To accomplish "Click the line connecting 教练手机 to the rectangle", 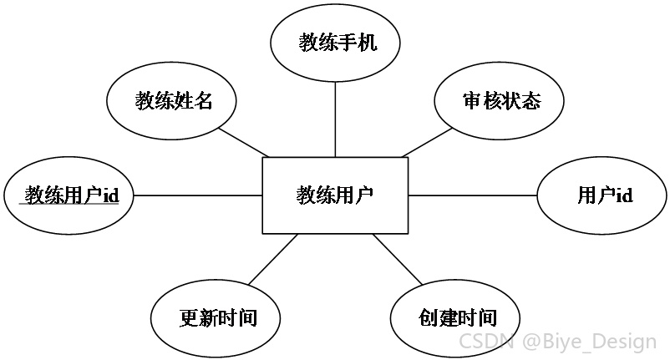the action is click(335, 119).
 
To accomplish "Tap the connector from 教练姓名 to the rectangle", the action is click(244, 142).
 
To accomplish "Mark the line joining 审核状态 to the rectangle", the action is click(427, 142).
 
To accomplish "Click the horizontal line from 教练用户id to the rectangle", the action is click(198, 195).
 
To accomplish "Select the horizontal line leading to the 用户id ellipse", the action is click(473, 195).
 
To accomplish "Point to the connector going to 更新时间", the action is click(273, 259).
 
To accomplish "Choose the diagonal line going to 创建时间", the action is click(398, 259).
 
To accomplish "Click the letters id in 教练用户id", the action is click(110, 195).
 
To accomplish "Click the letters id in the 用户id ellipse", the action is click(624, 195).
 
